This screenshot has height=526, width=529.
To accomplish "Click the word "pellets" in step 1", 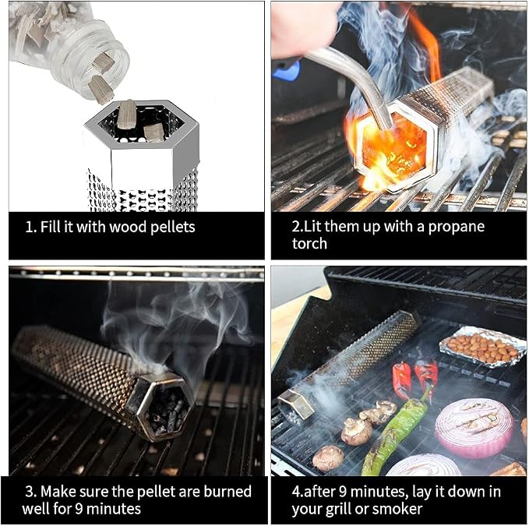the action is pos(172,228).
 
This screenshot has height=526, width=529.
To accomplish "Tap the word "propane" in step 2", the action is pos(456,228).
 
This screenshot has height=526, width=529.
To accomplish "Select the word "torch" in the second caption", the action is pos(309,244).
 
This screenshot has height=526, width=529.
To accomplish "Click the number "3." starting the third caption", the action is pos(31,492).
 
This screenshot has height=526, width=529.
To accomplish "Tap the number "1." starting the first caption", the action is pos(30,227).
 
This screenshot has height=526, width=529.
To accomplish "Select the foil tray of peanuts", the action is pos(478,346).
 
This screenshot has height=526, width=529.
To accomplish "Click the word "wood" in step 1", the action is pos(128,227).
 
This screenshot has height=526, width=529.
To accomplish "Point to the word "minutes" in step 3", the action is pos(113,509).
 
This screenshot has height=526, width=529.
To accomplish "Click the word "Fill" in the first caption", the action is pos(51,227).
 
